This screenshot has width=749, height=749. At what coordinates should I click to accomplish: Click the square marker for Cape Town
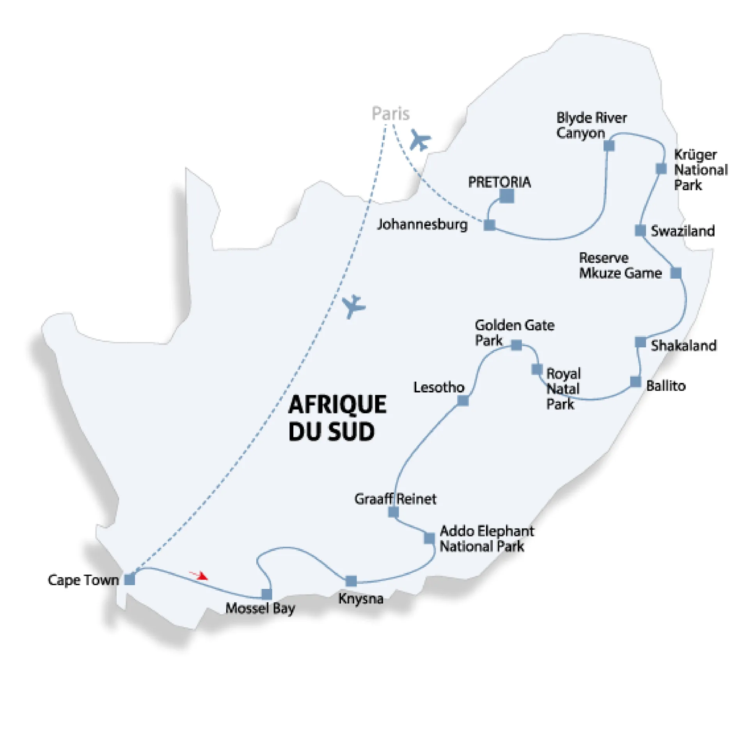(x=130, y=579)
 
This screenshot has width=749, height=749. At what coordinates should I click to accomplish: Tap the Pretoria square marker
(x=507, y=196)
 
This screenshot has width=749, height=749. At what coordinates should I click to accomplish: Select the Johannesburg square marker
(x=489, y=225)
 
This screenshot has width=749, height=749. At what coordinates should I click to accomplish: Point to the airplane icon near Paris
(x=420, y=140)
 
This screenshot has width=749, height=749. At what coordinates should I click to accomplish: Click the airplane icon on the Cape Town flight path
(x=353, y=306)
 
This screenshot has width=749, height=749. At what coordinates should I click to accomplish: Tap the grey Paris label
(x=390, y=114)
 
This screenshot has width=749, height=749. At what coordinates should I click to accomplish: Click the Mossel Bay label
(x=260, y=608)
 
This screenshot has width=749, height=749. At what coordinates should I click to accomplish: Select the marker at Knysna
(x=351, y=581)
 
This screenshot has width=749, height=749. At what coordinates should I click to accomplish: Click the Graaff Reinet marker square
(x=393, y=512)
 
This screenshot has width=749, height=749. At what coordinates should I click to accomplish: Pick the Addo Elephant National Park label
(x=486, y=538)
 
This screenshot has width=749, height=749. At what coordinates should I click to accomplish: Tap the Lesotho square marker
(x=463, y=400)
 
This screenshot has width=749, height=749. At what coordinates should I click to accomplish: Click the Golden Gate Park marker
(x=516, y=345)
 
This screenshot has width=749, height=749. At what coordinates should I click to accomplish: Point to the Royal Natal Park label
(x=563, y=389)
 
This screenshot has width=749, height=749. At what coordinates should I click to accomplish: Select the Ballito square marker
(x=635, y=382)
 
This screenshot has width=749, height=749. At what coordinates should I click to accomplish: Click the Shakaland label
(x=683, y=345)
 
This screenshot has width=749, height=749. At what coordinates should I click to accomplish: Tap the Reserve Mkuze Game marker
(x=676, y=273)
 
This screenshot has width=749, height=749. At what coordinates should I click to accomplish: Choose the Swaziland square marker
(x=640, y=230)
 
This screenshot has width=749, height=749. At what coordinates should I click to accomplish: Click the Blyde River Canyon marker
(x=609, y=146)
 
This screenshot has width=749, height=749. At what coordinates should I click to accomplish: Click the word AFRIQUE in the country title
(x=337, y=404)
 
